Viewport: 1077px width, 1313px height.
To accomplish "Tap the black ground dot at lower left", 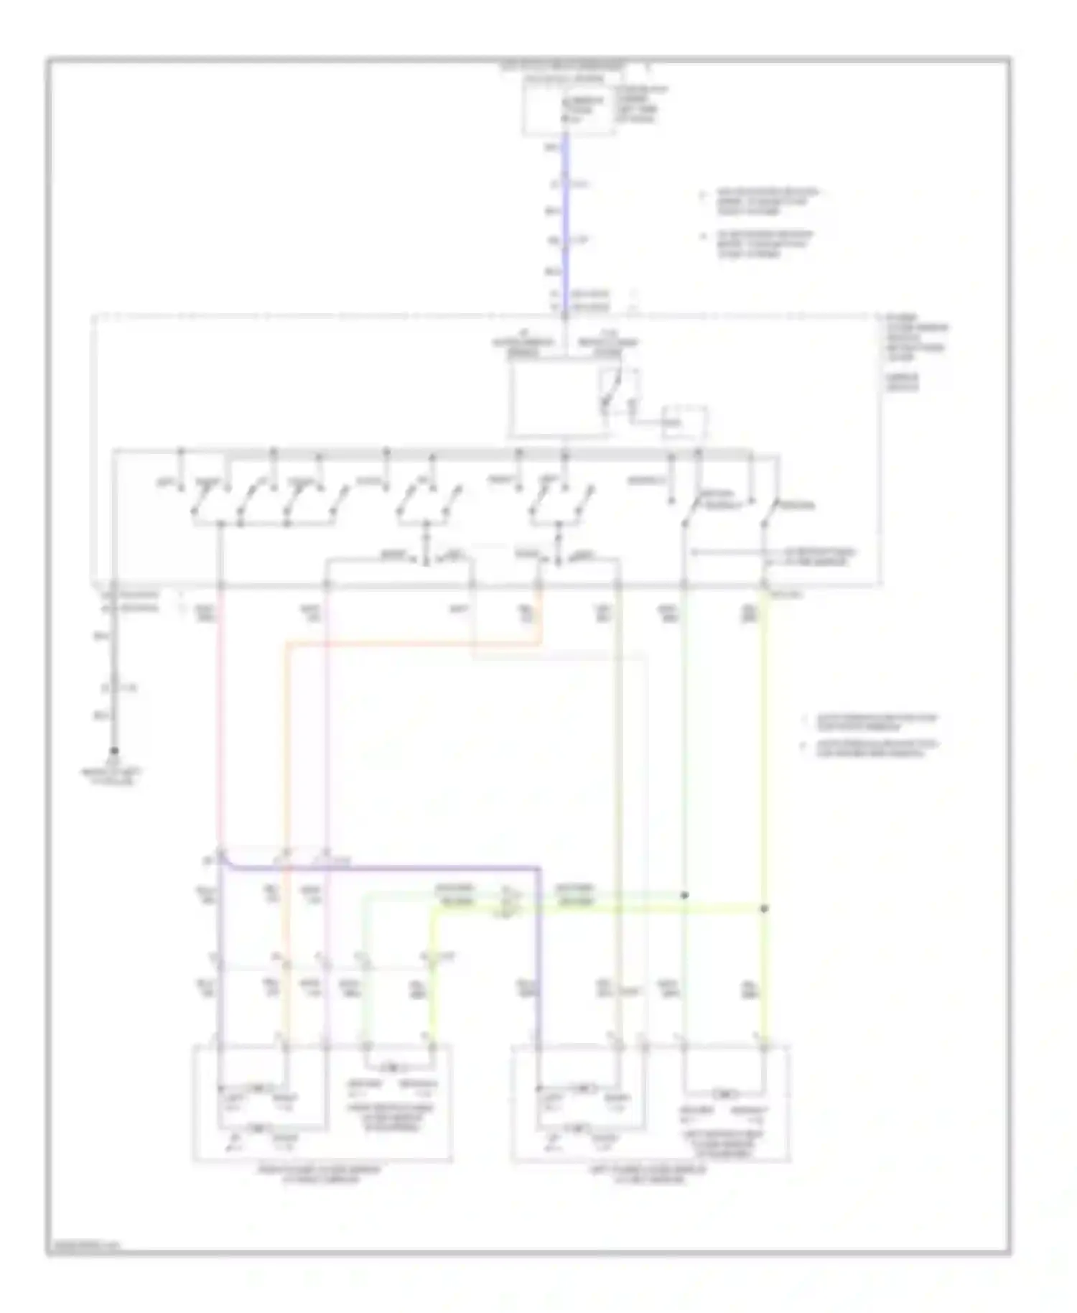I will click(113, 751).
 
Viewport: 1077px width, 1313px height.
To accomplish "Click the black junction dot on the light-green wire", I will click(684, 895).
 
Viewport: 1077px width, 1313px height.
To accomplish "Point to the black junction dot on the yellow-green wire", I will click(764, 909).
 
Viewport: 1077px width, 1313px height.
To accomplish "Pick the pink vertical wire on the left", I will click(218, 718).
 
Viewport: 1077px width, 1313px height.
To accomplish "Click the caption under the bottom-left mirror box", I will click(320, 1174).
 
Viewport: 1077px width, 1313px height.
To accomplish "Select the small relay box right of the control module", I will click(684, 422).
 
